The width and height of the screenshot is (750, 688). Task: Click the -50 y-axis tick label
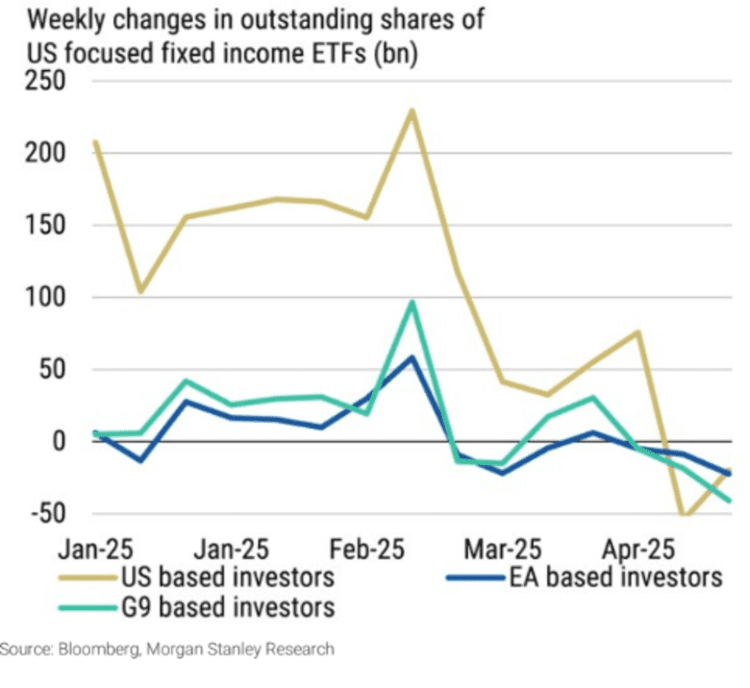(41, 513)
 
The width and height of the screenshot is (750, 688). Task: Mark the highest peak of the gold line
(412, 111)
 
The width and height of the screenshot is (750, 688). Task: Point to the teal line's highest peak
(412, 302)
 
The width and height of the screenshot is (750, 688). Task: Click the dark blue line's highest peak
(412, 357)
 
